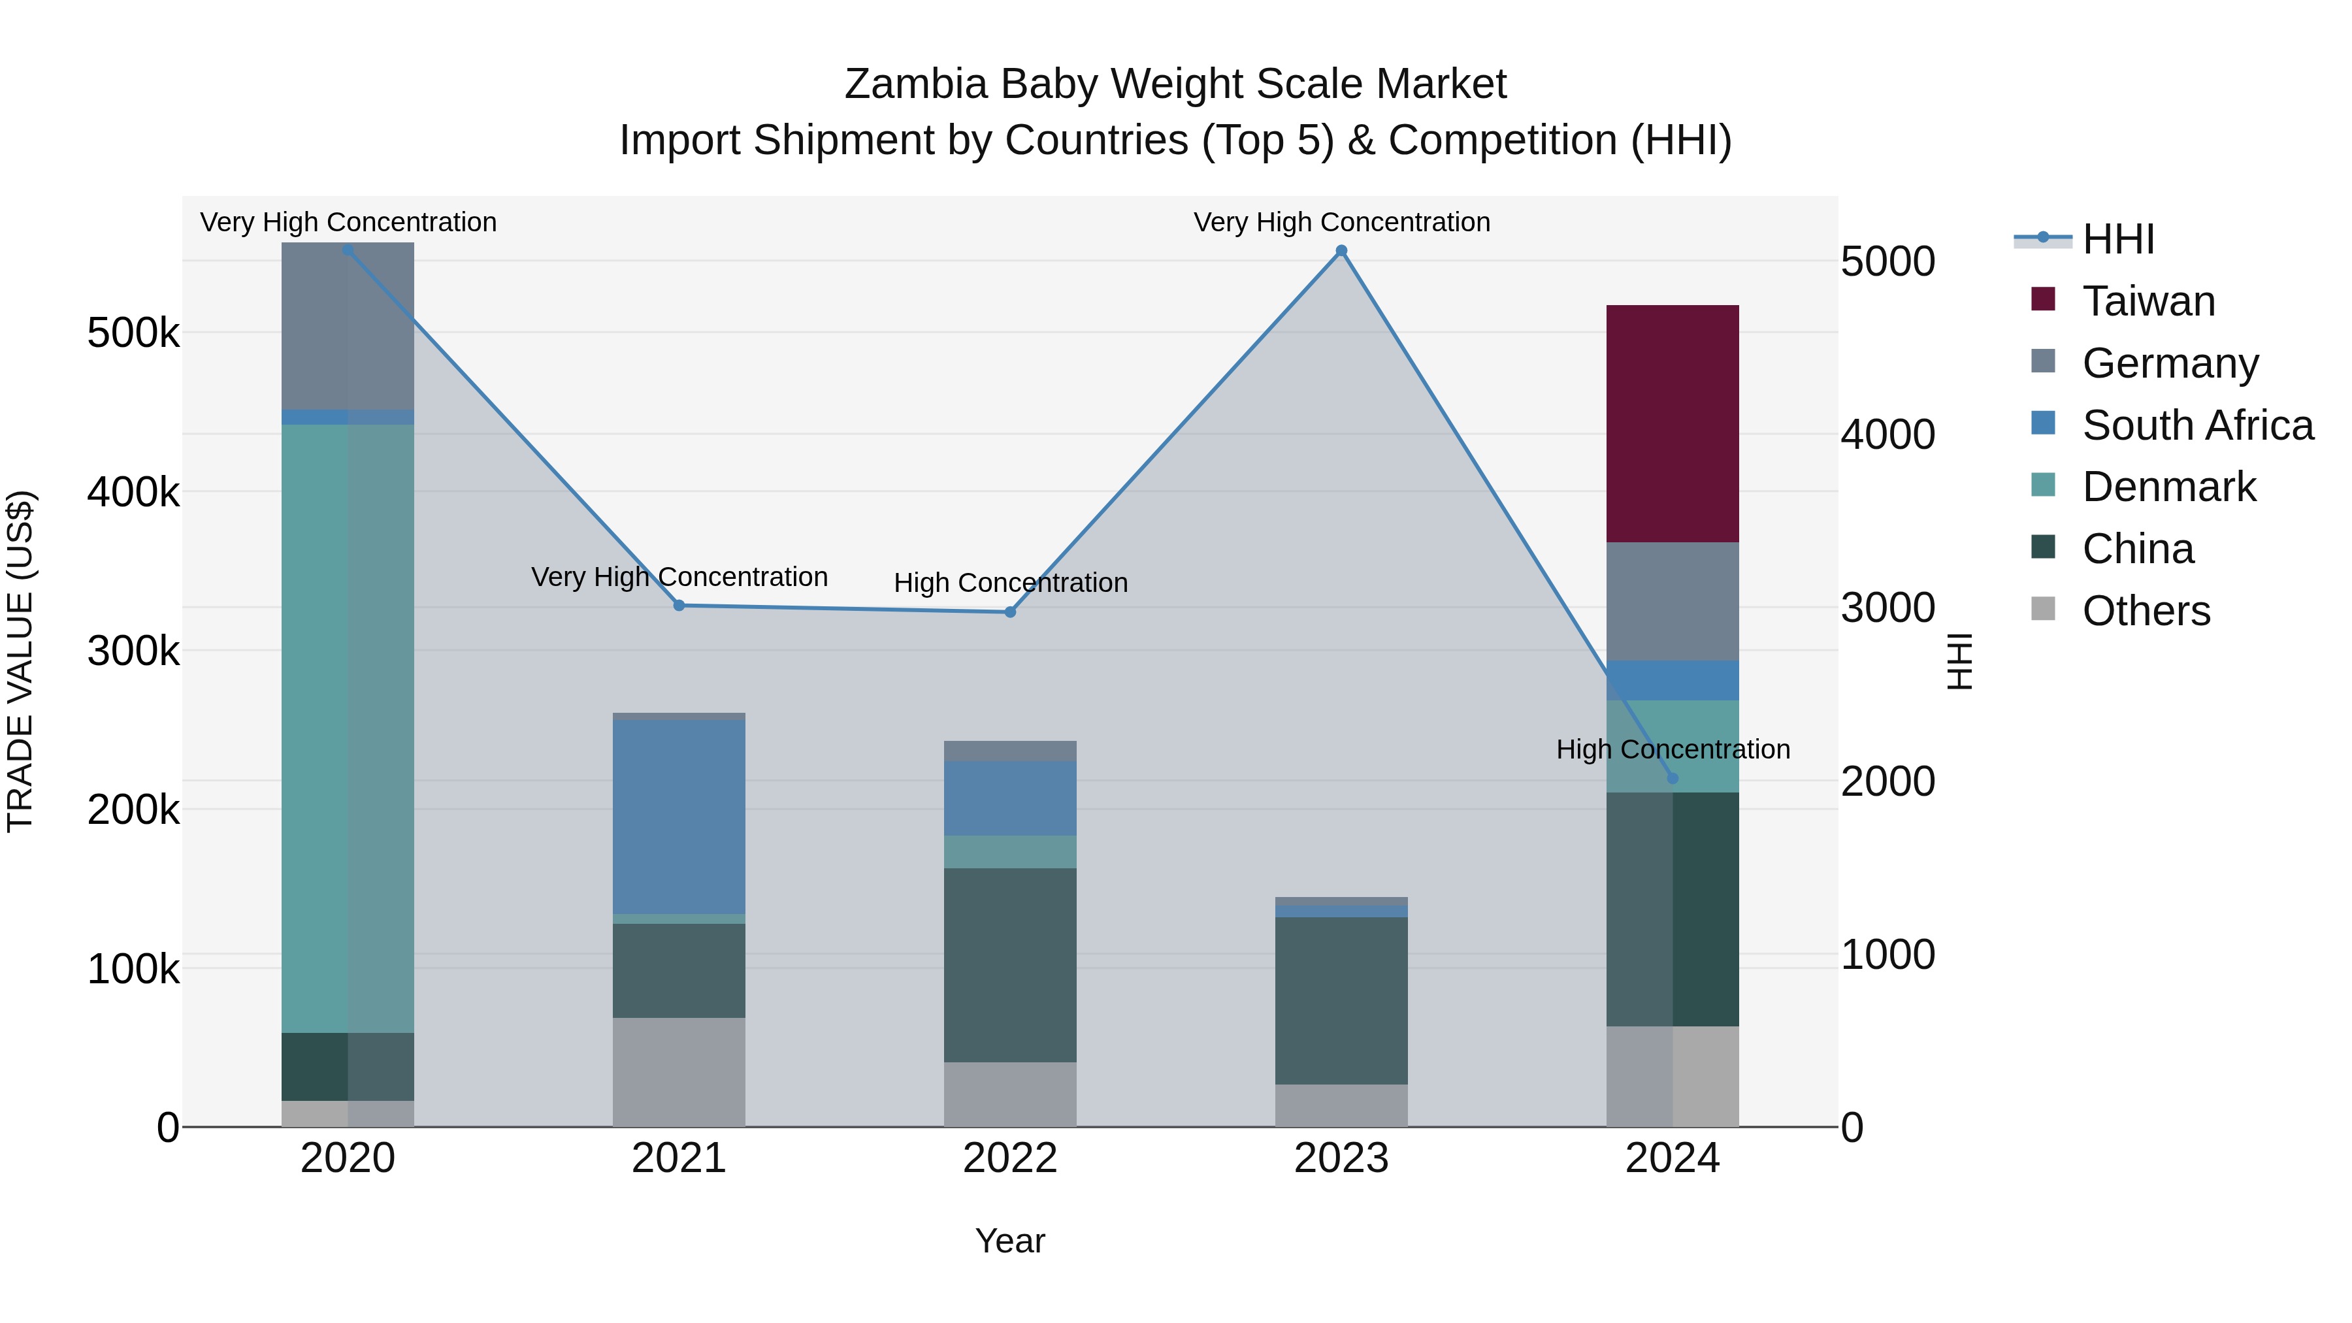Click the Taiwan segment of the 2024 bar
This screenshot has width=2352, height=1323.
coord(1672,423)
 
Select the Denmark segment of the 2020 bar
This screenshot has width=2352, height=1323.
coord(347,728)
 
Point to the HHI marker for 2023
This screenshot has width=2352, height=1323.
coord(1341,251)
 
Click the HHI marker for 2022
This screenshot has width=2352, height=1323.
coord(1010,612)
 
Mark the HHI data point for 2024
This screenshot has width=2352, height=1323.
coord(1672,779)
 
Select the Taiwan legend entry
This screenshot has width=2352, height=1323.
coord(2148,301)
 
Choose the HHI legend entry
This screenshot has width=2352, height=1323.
coord(2118,239)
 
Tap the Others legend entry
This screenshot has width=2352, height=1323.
coord(2146,611)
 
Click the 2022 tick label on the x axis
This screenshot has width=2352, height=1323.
coord(1010,1158)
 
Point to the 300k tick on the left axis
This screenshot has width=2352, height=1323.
coord(133,651)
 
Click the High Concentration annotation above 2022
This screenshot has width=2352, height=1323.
coord(1010,583)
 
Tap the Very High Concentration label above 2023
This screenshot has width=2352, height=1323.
coord(1341,222)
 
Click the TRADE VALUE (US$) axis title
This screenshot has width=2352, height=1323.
coord(21,661)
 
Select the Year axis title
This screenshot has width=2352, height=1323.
coord(1010,1241)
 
